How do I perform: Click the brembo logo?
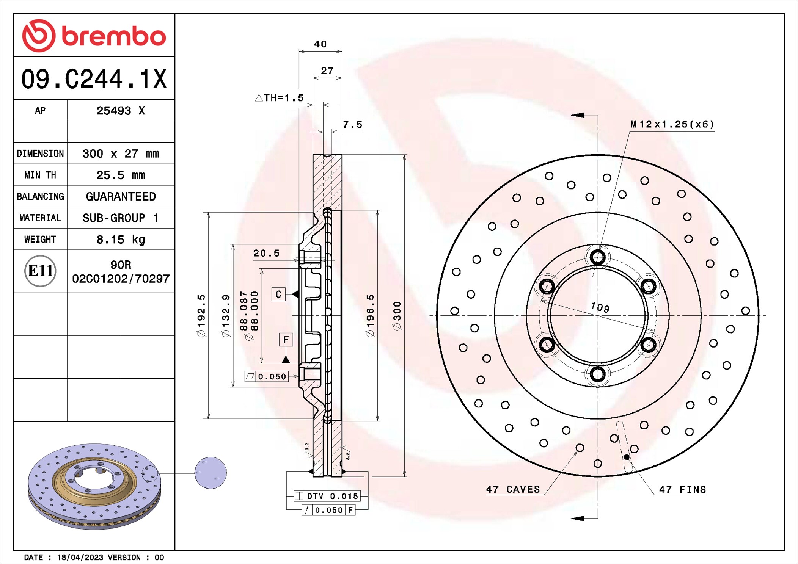point(94,36)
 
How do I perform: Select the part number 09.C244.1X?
point(94,79)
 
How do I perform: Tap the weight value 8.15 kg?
point(121,240)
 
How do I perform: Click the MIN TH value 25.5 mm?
point(121,175)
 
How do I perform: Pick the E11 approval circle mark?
point(40,271)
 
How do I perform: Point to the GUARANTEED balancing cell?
point(121,196)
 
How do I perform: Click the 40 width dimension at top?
point(320,44)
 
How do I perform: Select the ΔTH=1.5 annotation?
point(280,98)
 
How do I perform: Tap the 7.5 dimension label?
point(352,125)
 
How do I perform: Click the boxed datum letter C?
point(278,295)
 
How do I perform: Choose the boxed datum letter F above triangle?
point(286,340)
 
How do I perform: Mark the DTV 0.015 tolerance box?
point(327,496)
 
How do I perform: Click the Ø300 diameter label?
point(397,316)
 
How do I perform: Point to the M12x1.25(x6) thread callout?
point(672,124)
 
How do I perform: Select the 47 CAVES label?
point(513,489)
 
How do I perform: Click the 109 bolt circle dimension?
point(600,307)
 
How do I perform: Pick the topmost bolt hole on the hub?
point(598,257)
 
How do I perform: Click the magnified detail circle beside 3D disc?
point(210,473)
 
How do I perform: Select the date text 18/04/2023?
point(80,558)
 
